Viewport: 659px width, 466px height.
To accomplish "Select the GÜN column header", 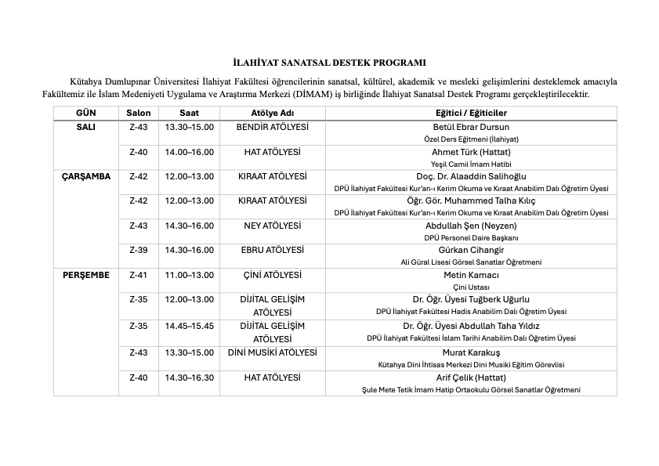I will tap(85, 113).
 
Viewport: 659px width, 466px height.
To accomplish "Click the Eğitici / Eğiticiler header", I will tap(471, 113).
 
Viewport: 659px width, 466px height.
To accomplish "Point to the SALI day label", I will tap(85, 127).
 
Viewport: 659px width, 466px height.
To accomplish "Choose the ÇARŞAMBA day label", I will tap(85, 176).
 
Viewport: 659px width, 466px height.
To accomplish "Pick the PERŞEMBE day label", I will tap(85, 275).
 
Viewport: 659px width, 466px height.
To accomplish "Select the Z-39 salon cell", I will tap(138, 250).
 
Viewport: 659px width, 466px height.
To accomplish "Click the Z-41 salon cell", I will tap(138, 275).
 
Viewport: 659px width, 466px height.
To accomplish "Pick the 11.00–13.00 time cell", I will tap(189, 275).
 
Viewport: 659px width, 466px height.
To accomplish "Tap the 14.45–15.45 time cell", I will tap(189, 325).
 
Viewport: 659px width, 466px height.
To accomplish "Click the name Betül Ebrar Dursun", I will tap(471, 127).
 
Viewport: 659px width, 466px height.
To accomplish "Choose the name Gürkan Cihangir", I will tap(471, 250).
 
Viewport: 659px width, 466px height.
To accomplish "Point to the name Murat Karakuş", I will tap(471, 352).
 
